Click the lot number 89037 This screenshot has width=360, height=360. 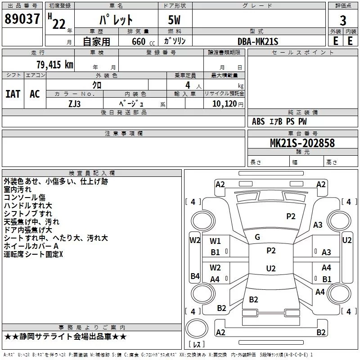(22, 19)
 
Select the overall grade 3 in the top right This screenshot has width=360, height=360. (343, 21)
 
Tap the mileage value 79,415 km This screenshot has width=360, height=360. (55, 64)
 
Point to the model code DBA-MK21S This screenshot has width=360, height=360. (258, 41)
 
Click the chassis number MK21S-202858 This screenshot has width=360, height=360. (302, 143)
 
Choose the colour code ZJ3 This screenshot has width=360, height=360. (74, 104)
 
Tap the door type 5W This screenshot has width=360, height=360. (174, 20)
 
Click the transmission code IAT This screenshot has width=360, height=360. (13, 94)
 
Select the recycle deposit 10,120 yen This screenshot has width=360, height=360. (228, 104)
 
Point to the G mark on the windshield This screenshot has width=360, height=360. (257, 237)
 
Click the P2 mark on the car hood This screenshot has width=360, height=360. (291, 216)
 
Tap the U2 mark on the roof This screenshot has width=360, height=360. (271, 268)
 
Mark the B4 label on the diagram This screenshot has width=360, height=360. (195, 276)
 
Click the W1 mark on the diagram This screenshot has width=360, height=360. (215, 241)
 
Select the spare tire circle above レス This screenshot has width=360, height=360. (197, 328)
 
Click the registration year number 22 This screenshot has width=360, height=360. (59, 24)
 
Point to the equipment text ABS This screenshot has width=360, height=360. (258, 121)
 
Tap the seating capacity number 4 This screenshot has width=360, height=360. (188, 85)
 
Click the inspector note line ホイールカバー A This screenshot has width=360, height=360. (31, 246)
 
